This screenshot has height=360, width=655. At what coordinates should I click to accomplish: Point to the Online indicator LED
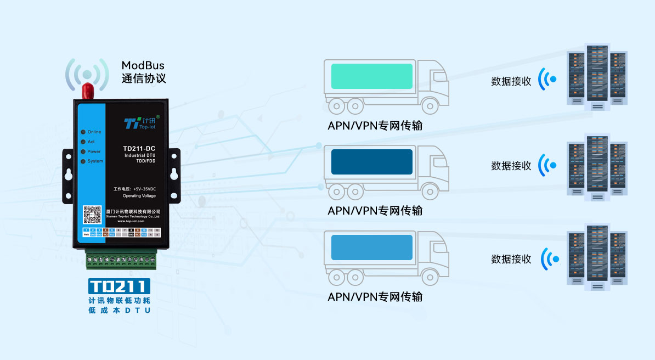pos(82,132)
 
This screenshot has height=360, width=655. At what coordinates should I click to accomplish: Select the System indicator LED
pos(82,161)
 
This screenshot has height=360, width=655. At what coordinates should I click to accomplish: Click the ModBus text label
pos(143,66)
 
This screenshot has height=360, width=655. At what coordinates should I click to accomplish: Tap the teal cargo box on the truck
pos(371,76)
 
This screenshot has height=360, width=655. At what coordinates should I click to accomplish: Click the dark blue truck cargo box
pos(371,162)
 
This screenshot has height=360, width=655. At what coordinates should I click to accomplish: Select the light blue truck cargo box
pos(371,248)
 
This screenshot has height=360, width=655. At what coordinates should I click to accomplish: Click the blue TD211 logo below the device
pos(119,286)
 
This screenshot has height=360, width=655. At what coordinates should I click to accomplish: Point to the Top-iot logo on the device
pos(138,122)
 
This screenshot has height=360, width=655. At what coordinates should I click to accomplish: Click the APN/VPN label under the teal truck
pos(375,126)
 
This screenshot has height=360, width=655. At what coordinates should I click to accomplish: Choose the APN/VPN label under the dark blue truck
pos(375,211)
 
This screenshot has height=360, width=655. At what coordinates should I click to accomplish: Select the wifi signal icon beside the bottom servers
pos(549,258)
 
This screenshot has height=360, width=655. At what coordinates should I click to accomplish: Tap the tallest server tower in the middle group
pos(597,162)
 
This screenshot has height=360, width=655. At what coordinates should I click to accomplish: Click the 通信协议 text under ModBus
pos(143,78)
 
